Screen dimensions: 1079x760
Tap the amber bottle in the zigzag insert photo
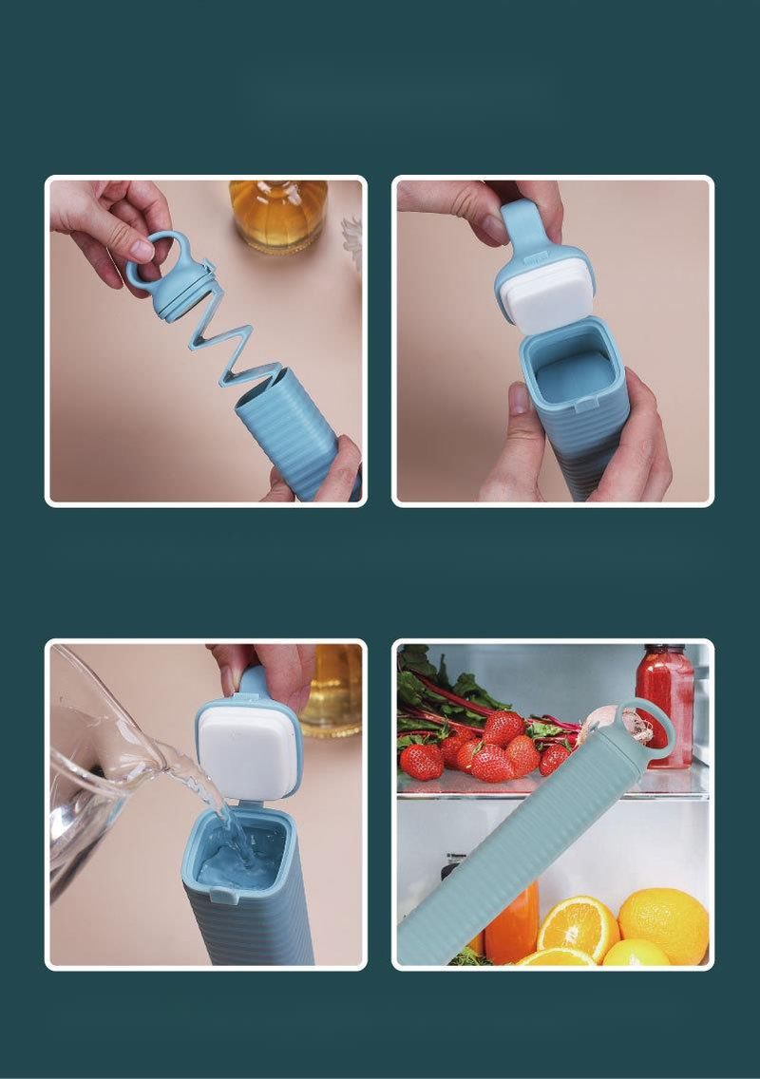click(x=277, y=214)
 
